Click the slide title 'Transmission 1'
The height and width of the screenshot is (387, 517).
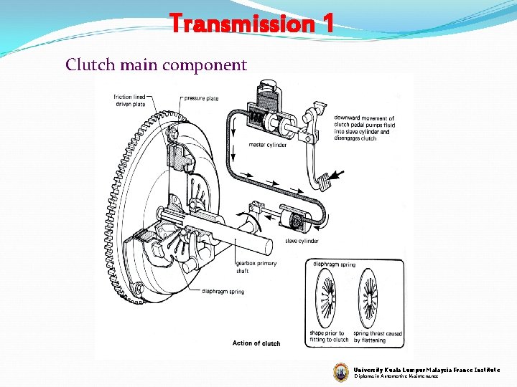click(252, 24)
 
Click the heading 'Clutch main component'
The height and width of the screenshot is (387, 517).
click(156, 65)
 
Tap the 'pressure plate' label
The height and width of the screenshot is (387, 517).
click(201, 98)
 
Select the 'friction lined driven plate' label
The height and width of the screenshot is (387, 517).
click(129, 101)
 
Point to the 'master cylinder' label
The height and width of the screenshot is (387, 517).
click(268, 145)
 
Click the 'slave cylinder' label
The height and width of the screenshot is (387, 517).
click(302, 241)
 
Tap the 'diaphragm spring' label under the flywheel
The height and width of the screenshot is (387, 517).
click(223, 292)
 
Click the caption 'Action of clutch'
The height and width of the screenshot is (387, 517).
click(256, 343)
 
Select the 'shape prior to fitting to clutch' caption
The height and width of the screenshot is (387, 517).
click(327, 336)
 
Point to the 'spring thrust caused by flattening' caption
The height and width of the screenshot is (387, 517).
click(378, 336)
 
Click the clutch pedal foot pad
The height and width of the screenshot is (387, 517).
click(327, 179)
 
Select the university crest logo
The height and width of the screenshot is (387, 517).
click(340, 372)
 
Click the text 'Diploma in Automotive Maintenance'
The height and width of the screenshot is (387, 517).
click(396, 376)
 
